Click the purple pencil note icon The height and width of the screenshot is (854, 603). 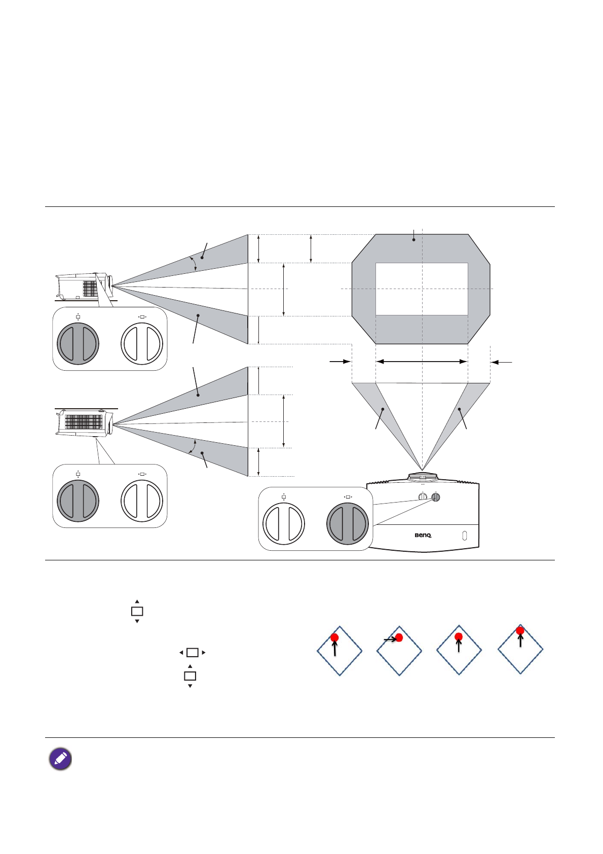(60, 759)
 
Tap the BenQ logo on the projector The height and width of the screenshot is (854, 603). (423, 535)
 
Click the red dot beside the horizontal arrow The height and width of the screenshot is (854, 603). (399, 637)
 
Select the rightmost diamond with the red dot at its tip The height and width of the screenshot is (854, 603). (520, 649)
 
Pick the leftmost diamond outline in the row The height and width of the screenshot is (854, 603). (340, 651)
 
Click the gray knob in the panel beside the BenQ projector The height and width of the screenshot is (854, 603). (348, 524)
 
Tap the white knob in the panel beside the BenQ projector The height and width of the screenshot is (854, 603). (284, 524)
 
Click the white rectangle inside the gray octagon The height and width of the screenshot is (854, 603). (422, 289)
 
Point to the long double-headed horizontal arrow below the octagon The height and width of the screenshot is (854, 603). (422, 362)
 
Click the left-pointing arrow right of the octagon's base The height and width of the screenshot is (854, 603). (502, 362)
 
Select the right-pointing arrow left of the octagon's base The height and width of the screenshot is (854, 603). (340, 362)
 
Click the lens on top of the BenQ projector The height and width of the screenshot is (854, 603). (422, 477)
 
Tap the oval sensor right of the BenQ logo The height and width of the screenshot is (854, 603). (465, 536)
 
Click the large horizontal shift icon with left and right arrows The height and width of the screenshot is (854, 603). (193, 653)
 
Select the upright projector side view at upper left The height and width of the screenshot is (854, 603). (83, 287)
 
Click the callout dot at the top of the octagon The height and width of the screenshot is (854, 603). (414, 239)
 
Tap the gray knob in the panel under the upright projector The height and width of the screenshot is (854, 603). (78, 343)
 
